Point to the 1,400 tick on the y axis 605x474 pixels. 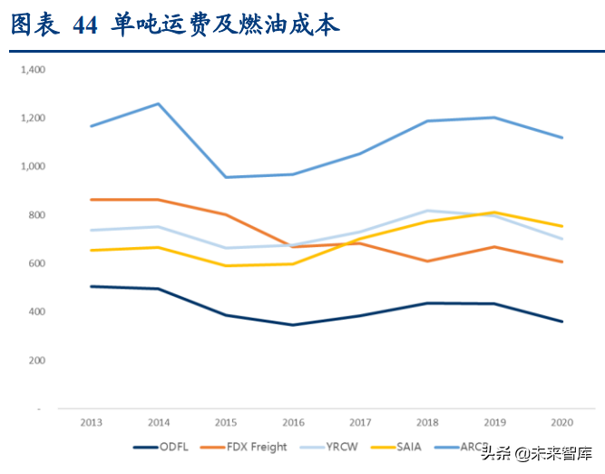33,69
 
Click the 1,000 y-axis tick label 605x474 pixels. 33,166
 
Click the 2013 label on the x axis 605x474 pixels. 91,422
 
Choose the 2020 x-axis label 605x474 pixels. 561,422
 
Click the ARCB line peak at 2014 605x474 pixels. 158,104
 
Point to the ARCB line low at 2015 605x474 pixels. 225,177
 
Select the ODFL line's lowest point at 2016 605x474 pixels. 292,324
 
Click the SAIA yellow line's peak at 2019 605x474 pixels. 494,212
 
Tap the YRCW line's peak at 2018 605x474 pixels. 427,211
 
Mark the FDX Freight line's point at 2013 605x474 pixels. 91,199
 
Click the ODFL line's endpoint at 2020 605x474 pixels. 561,321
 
